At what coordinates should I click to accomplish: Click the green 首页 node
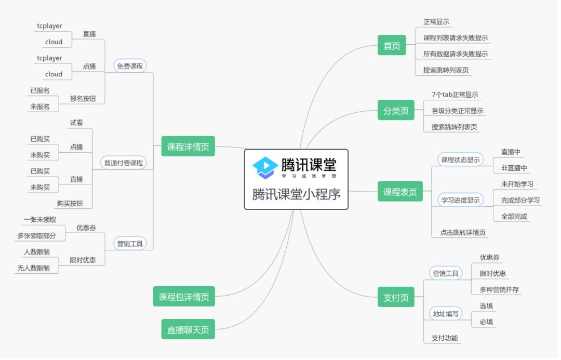coord(392,46)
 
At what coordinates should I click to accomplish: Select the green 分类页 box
coord(396,110)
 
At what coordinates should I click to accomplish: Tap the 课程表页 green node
coord(400,192)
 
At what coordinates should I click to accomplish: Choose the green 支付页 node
coord(396,298)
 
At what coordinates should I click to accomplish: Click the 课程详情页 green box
coord(188,146)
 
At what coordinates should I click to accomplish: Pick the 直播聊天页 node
coord(188,329)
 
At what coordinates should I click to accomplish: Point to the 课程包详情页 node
coord(184,297)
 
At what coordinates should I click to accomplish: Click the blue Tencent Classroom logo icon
coord(265,167)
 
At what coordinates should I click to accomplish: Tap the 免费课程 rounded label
coord(130,66)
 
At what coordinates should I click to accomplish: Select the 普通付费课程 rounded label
coord(123,163)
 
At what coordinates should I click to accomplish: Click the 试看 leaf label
coord(76,123)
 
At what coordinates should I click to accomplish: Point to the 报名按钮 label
coord(83,98)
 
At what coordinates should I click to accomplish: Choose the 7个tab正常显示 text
coord(455,95)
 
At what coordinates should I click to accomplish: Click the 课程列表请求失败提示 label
coord(456,37)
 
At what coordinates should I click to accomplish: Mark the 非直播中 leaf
coord(514,168)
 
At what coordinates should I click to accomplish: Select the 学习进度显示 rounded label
coord(460,200)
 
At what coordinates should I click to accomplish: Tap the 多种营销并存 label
coord(499,289)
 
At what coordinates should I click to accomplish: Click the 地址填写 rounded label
coord(446,314)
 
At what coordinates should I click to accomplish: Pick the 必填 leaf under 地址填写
coord(486,322)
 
